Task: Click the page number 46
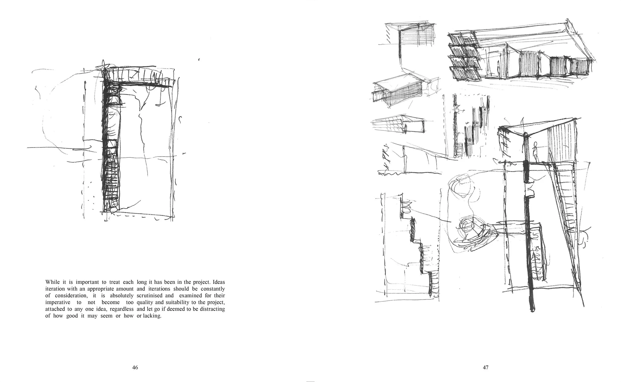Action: pyautogui.click(x=135, y=367)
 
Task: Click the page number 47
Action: pyautogui.click(x=485, y=367)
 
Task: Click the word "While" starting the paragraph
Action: pyautogui.click(x=53, y=282)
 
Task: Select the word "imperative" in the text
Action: pyautogui.click(x=58, y=302)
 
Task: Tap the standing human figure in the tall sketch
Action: pyautogui.click(x=535, y=152)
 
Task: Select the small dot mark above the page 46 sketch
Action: pyautogui.click(x=199, y=60)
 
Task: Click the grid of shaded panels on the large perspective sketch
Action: pyautogui.click(x=464, y=57)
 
